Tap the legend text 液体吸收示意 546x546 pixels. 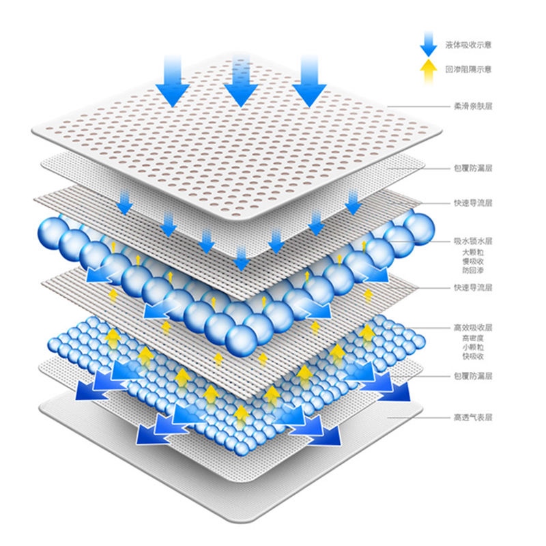468,45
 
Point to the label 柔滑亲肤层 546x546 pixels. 473,106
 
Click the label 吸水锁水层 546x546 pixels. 473,241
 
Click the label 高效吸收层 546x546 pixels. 473,328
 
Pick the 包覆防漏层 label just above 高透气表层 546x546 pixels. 473,376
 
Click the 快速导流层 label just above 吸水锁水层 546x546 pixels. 473,203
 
